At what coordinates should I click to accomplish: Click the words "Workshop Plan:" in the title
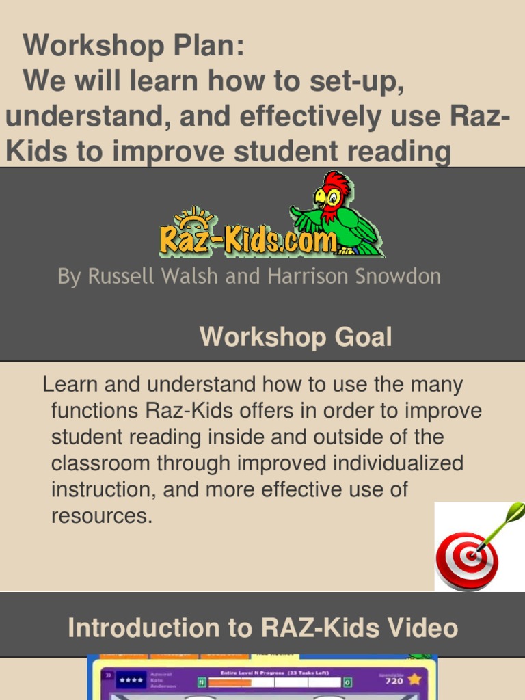pyautogui.click(x=133, y=46)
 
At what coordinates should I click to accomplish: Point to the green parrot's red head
pyautogui.click(x=336, y=188)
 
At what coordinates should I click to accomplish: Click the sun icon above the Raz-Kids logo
pyautogui.click(x=193, y=217)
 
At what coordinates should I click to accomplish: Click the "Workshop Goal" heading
pyautogui.click(x=295, y=337)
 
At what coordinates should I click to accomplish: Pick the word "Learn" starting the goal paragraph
pyautogui.click(x=71, y=384)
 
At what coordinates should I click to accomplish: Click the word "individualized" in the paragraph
pyautogui.click(x=398, y=463)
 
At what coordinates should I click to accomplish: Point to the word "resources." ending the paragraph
pyautogui.click(x=101, y=516)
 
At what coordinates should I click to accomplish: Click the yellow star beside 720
pyautogui.click(x=414, y=679)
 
